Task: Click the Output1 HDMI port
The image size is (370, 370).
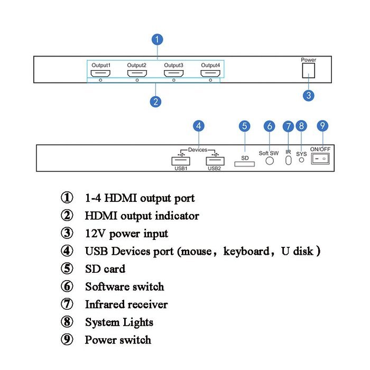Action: [100, 73]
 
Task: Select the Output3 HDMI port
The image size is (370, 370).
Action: [174, 73]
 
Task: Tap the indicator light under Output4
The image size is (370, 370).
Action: [210, 80]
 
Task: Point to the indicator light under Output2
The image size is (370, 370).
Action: [137, 80]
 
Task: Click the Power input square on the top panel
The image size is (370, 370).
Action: [308, 70]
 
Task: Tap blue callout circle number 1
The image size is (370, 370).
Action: [158, 40]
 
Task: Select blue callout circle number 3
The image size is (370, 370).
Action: [308, 95]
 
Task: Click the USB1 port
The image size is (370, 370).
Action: [181, 161]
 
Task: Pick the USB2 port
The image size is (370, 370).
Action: [215, 161]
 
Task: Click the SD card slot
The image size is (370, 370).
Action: [244, 164]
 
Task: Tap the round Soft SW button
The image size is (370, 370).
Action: [270, 161]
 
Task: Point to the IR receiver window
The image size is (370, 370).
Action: [288, 161]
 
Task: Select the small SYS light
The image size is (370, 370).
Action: [301, 160]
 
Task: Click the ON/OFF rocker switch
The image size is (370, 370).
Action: [320, 159]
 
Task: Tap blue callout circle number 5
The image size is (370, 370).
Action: [244, 126]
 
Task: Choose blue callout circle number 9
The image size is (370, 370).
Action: [322, 126]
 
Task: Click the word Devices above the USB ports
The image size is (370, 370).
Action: [198, 150]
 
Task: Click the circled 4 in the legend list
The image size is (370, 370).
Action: [67, 251]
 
